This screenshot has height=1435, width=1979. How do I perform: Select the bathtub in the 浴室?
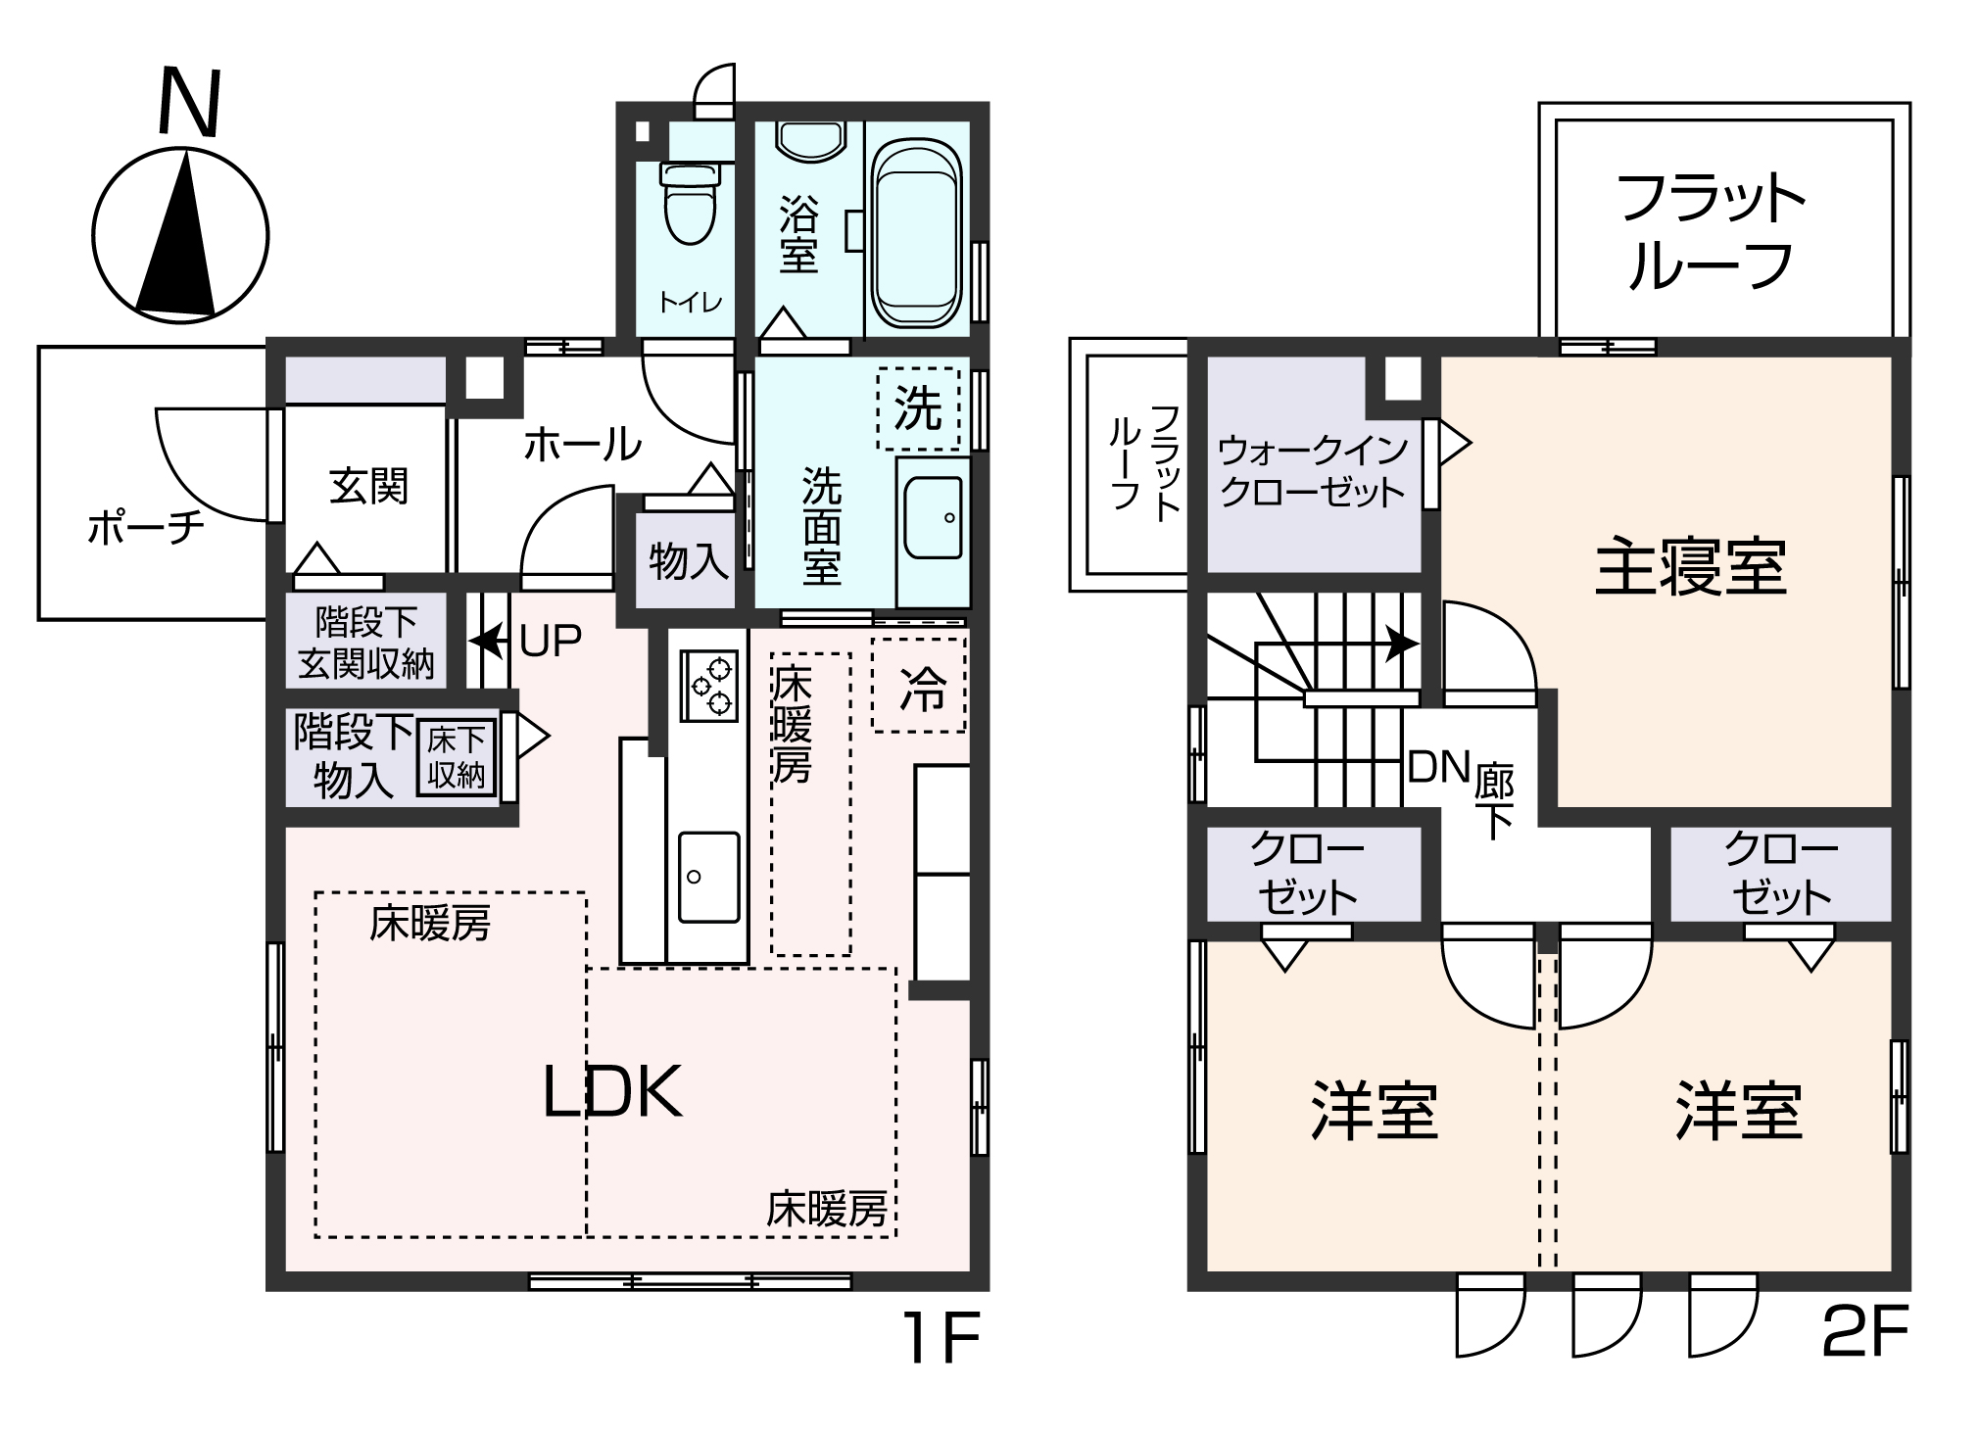coord(916,233)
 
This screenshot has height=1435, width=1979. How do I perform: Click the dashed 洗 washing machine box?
coord(918,408)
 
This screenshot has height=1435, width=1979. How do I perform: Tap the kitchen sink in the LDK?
coord(708,877)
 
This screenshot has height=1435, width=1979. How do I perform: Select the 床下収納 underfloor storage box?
coord(456,758)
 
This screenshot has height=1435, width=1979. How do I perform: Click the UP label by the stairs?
coord(550,642)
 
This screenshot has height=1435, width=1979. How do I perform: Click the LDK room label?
coord(612,1093)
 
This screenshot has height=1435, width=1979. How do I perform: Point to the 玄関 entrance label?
coord(367,486)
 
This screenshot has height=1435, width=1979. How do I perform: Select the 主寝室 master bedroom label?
coord(1690,568)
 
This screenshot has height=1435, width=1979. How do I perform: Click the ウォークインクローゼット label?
coord(1312,470)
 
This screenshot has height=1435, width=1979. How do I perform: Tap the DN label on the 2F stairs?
coord(1438,768)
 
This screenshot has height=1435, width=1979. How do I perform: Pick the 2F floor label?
coord(1864,1334)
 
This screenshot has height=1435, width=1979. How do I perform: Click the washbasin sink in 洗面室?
coord(933,517)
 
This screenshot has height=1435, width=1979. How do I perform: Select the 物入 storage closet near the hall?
coord(689,562)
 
